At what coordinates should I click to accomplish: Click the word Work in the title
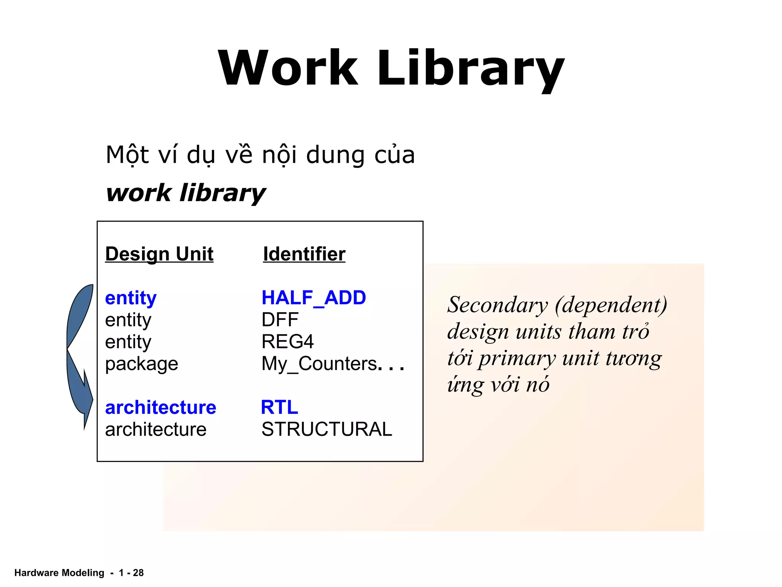(x=288, y=68)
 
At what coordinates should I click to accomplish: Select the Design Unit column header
(x=159, y=254)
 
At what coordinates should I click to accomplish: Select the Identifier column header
(x=304, y=254)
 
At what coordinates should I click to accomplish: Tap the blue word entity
(x=131, y=298)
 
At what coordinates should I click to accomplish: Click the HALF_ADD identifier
(x=313, y=298)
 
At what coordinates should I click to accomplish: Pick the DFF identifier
(x=280, y=319)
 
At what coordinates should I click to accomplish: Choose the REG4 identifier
(x=287, y=341)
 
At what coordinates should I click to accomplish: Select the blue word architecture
(x=160, y=407)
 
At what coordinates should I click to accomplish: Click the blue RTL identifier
(x=279, y=407)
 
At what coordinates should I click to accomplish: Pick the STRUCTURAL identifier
(x=326, y=429)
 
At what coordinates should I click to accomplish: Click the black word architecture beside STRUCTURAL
(x=155, y=430)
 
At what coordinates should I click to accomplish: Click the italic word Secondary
(x=498, y=305)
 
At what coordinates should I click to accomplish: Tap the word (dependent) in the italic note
(x=611, y=305)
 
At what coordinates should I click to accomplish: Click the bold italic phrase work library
(x=186, y=193)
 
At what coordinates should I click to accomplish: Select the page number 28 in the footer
(x=138, y=572)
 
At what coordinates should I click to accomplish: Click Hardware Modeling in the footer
(x=59, y=572)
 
